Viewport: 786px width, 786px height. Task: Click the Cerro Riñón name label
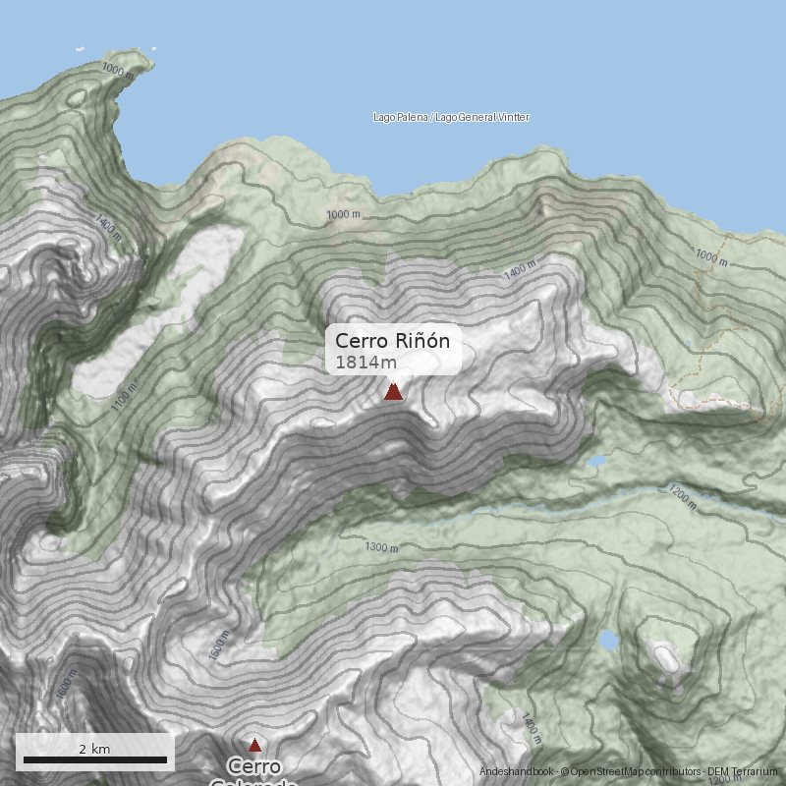pos(392,341)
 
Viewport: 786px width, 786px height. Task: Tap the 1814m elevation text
pos(365,363)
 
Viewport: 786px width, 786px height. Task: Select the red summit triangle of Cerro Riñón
pos(393,392)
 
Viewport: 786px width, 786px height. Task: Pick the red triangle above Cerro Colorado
pos(254,745)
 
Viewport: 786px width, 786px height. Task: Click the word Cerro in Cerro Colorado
pos(254,765)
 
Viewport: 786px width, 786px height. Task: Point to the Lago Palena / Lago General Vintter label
pos(451,117)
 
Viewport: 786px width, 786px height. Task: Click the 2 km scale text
pos(94,749)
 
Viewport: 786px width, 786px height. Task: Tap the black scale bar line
pos(94,760)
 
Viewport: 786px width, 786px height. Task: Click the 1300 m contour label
pos(382,546)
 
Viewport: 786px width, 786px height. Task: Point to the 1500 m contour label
pos(218,645)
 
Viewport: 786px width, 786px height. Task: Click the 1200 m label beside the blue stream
pos(681,497)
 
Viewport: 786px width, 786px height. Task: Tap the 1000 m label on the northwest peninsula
pos(117,70)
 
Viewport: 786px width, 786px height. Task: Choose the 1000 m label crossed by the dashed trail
pos(711,257)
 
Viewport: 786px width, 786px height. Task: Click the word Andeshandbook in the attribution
pos(517,772)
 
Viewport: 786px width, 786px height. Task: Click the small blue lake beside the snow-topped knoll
pos(609,641)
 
